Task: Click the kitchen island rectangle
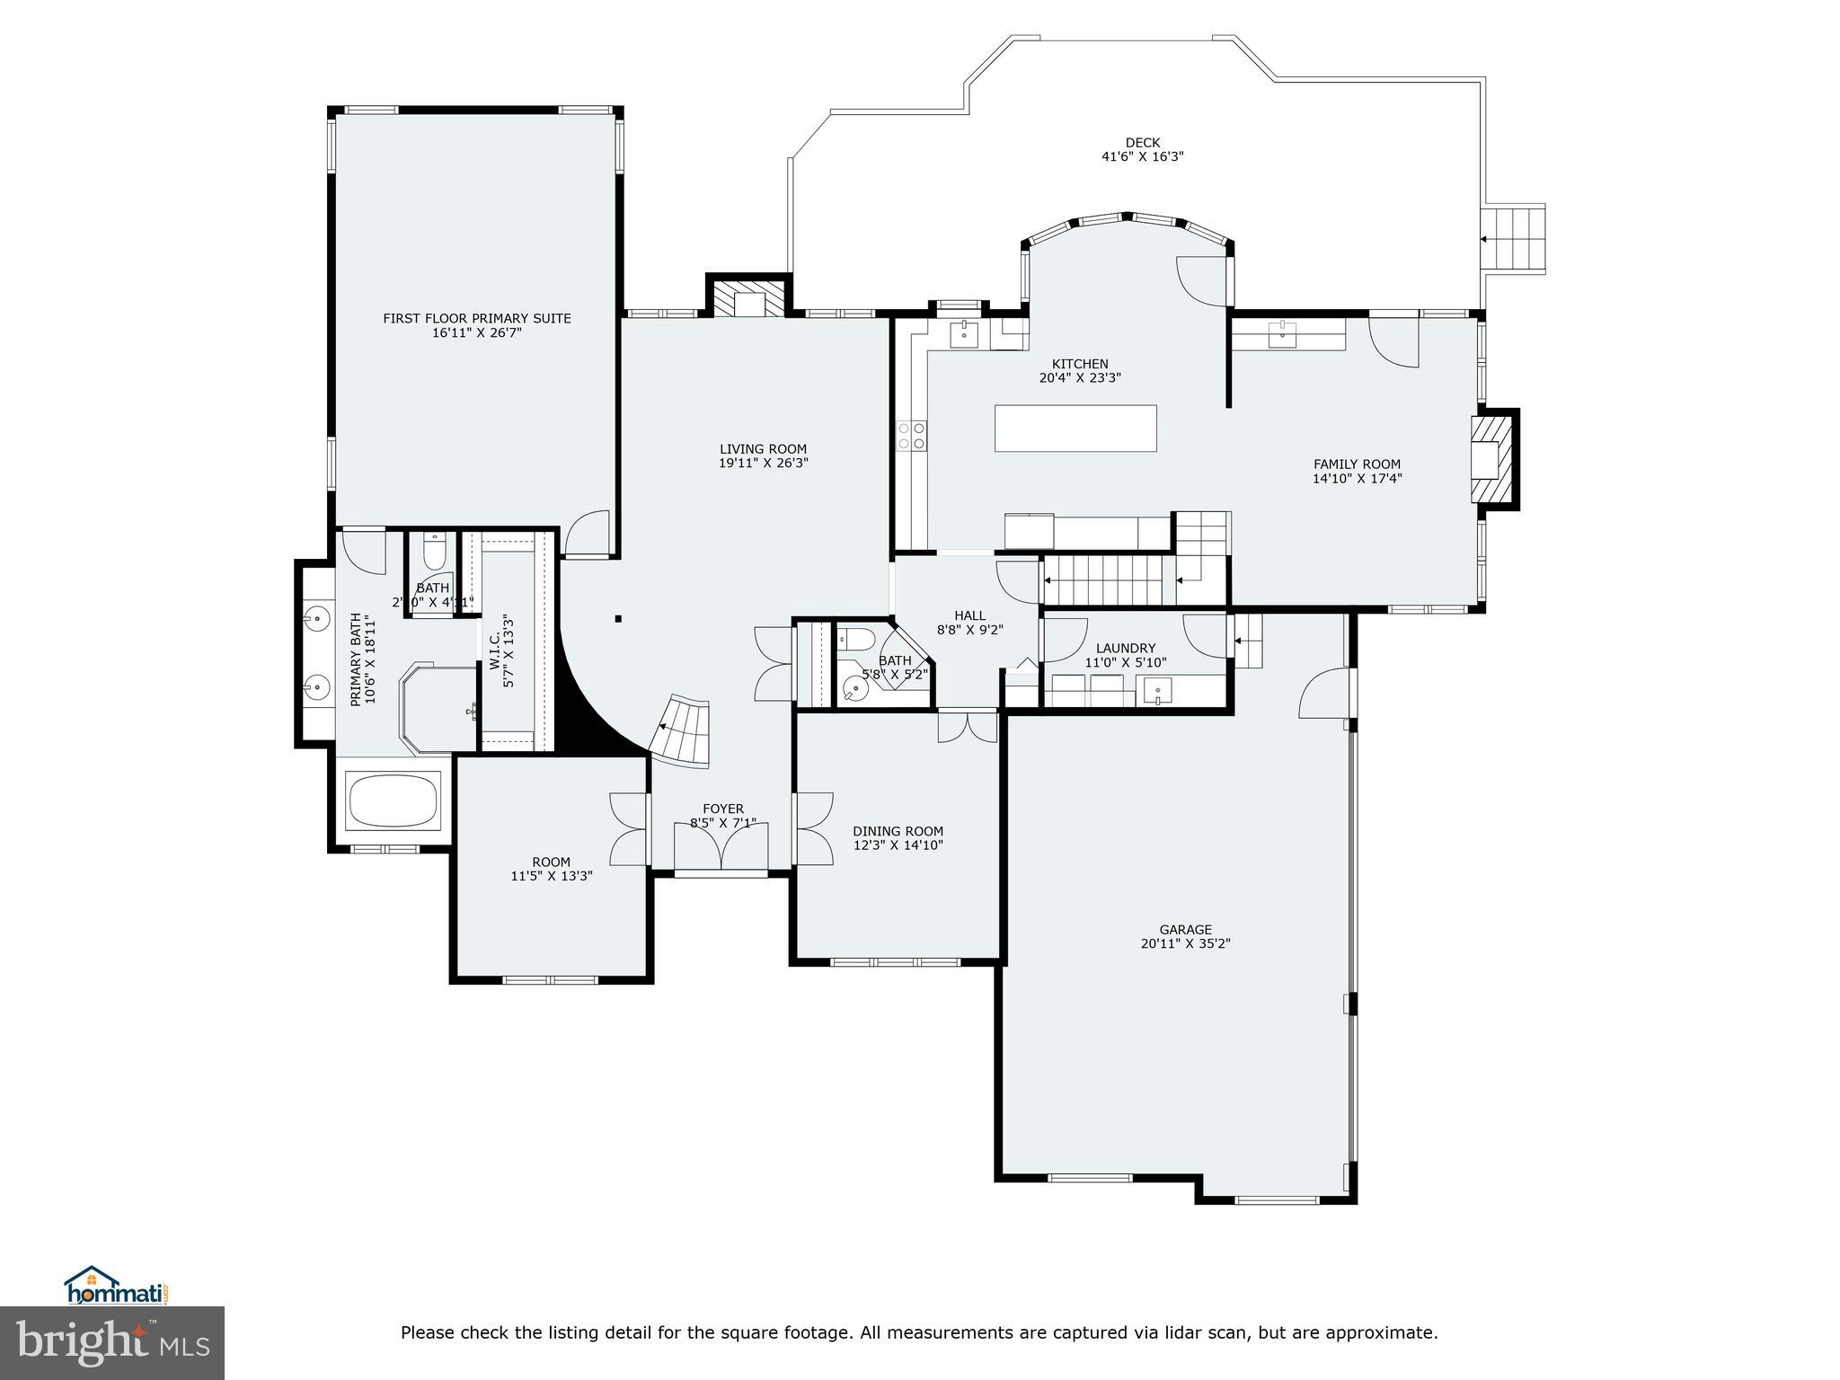[1075, 429]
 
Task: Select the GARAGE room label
[1185, 930]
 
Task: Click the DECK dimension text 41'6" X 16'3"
[1142, 156]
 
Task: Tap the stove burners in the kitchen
[911, 436]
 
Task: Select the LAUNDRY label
[1125, 648]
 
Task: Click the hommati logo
[116, 1287]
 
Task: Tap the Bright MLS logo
[112, 1342]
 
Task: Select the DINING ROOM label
[898, 831]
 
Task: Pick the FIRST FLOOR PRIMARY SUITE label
[476, 318]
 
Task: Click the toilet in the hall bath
[856, 640]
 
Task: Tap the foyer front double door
[721, 847]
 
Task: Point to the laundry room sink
[1158, 691]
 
